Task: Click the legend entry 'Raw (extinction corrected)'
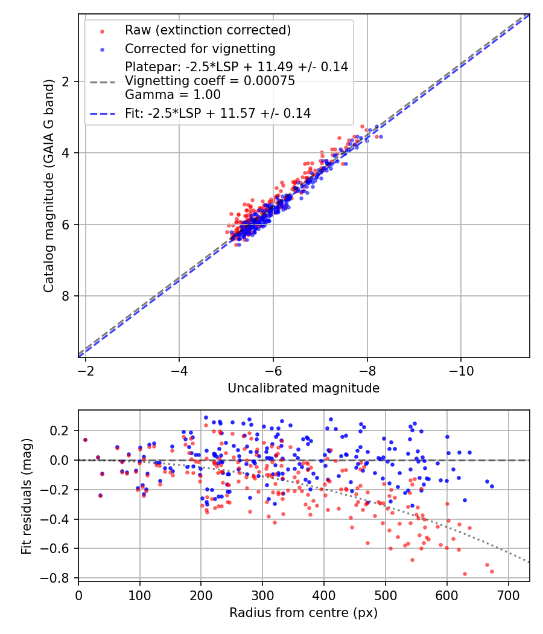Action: (208, 30)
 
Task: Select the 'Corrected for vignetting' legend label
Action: (200, 48)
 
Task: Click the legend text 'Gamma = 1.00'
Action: (173, 95)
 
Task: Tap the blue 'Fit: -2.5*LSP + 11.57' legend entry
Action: (217, 113)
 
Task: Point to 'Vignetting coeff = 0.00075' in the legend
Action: (210, 81)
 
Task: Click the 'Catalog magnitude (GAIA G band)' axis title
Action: (49, 185)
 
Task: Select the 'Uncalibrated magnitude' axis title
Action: (303, 388)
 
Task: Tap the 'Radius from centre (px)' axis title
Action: (303, 613)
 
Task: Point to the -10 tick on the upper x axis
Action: (461, 368)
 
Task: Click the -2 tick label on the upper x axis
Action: (86, 368)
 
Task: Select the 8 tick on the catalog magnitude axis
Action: (65, 296)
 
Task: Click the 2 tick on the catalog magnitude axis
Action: (65, 82)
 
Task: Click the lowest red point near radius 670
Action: (492, 571)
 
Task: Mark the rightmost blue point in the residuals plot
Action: (492, 486)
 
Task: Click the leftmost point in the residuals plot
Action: (85, 440)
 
